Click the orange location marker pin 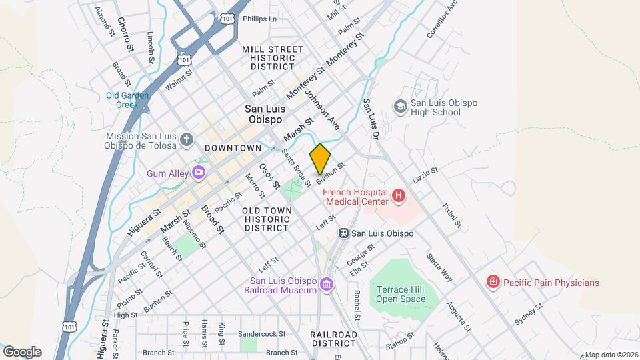320,159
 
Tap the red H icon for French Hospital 399,195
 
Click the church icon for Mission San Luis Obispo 187,141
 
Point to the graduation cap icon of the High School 400,107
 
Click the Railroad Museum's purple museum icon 326,285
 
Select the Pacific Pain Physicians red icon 493,283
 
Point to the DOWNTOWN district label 233,147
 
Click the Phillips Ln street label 259,19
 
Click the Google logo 22,352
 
